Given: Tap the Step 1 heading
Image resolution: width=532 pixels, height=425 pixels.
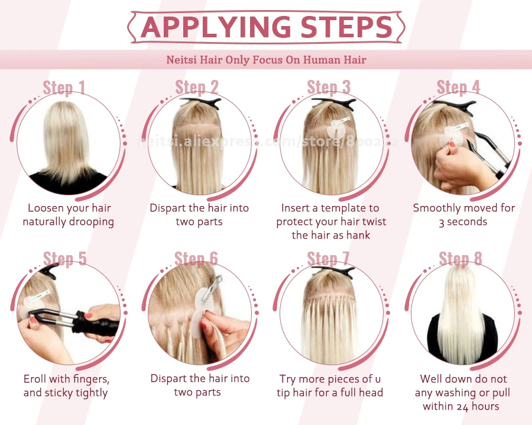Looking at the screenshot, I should coord(64,88).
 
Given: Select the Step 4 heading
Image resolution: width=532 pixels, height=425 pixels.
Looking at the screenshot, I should coord(458,87).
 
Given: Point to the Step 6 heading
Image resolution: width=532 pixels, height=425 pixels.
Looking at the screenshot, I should coord(196,259).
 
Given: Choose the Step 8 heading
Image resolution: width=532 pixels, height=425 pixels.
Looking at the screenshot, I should coord(460,259).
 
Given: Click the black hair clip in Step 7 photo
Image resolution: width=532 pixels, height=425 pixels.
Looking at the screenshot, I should coord(339,272).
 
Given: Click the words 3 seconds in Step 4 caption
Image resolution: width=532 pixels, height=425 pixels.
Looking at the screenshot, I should coord(463,222).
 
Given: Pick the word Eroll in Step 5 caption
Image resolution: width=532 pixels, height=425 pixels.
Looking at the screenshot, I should coord(35,379).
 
